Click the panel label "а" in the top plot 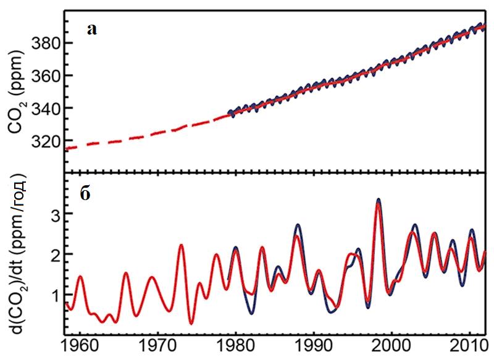[x=91, y=29]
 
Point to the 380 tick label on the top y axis [x=47, y=43]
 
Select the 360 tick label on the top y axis [x=47, y=76]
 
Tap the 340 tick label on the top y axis [x=47, y=108]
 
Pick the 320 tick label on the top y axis [x=47, y=141]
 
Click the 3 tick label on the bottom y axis [x=54, y=214]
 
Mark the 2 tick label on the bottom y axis [x=54, y=254]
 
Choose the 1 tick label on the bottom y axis [x=54, y=295]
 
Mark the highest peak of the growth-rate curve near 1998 [x=379, y=200]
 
